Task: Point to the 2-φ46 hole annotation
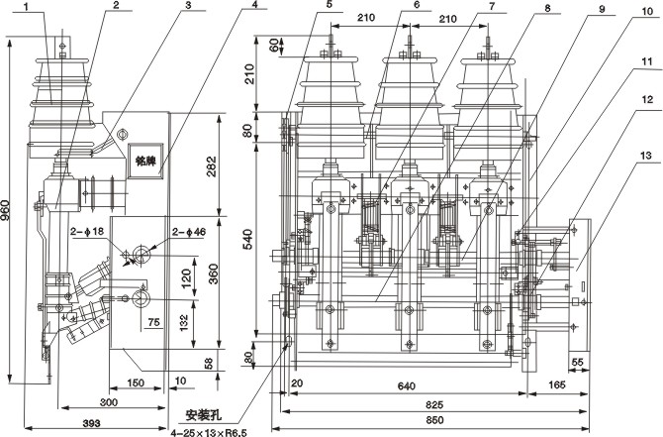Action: tap(187, 233)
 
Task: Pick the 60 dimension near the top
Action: tap(273, 46)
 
